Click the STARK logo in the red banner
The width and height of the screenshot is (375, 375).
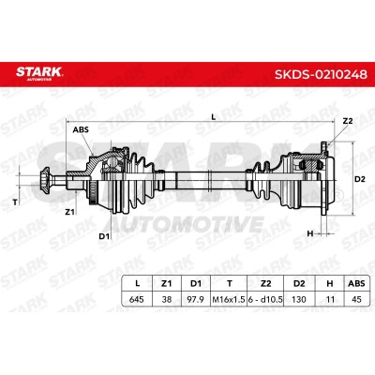point(39,72)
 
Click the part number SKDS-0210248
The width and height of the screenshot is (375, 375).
point(321,75)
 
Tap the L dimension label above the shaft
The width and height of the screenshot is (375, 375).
point(214,117)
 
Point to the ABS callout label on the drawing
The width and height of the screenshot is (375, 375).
point(81,129)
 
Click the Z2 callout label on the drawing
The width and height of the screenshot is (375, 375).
point(348,121)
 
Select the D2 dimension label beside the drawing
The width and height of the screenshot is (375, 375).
point(360,179)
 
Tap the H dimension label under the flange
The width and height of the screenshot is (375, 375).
point(310,233)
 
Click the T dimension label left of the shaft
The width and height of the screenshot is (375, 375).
point(15,202)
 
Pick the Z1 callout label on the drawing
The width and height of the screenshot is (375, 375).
point(69,212)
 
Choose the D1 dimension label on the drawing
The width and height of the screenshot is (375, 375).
point(104,236)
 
